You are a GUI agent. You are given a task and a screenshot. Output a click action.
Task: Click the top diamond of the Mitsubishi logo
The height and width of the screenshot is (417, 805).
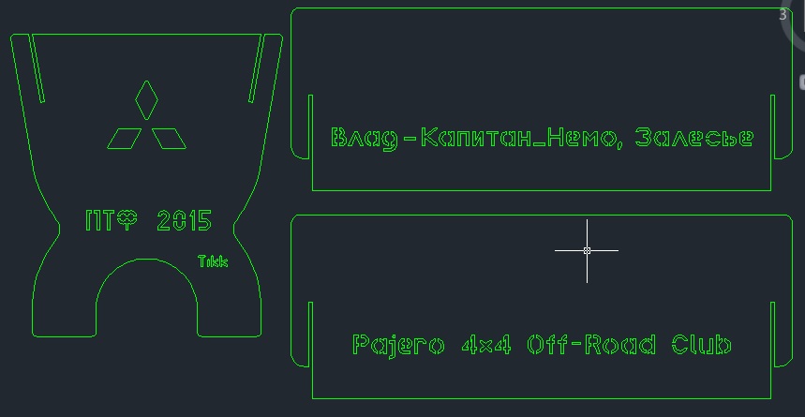click(x=146, y=100)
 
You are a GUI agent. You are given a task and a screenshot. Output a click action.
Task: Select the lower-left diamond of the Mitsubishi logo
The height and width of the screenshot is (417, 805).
click(x=125, y=139)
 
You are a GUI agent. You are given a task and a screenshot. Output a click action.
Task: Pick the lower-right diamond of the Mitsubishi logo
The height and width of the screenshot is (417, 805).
click(x=169, y=139)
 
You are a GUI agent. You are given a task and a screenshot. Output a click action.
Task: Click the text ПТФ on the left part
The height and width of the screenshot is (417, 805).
click(x=112, y=221)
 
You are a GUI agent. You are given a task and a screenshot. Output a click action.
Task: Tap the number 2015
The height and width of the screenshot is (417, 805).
click(x=184, y=221)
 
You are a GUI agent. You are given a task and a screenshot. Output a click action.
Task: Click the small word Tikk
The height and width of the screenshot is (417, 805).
click(x=213, y=261)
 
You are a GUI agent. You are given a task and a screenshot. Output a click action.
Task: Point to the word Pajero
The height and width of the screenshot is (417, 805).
click(x=398, y=345)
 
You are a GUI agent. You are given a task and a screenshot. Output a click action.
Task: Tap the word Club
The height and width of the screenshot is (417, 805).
click(x=701, y=344)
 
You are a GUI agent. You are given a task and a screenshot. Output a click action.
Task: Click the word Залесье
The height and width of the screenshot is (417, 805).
click(x=694, y=138)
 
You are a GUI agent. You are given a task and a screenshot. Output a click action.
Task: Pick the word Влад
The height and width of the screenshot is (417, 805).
click(x=365, y=138)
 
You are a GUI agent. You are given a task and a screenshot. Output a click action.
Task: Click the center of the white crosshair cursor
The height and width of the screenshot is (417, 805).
click(x=587, y=250)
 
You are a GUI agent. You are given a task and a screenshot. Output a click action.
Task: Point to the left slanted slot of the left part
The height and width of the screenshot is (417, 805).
click(x=37, y=68)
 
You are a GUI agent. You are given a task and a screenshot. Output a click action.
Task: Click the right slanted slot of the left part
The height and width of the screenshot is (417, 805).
click(x=256, y=68)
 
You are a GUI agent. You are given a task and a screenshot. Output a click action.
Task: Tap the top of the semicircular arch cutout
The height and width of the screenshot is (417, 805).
click(x=146, y=259)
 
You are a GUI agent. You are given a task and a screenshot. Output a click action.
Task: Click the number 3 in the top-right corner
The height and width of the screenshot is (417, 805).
click(x=783, y=15)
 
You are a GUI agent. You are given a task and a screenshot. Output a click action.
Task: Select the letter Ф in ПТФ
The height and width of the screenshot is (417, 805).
click(x=127, y=221)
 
